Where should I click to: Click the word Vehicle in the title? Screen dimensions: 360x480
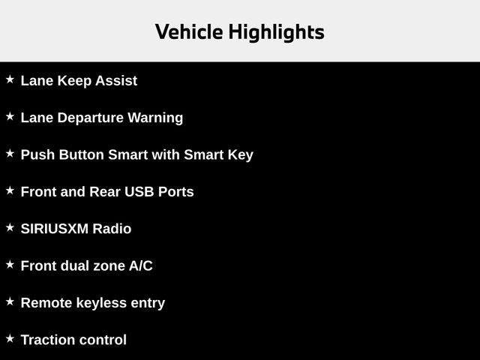[188, 32]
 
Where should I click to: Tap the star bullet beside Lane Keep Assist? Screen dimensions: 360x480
[10, 79]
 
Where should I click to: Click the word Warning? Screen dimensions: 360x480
[155, 118]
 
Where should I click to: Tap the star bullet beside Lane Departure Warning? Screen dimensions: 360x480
[10, 116]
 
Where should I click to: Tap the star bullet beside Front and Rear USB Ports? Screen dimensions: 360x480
[10, 190]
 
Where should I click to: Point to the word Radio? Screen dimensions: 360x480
[112, 229]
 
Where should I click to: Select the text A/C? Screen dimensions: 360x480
[140, 265]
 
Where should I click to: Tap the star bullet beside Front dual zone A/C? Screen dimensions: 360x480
[10, 264]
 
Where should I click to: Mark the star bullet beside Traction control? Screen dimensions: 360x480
[10, 338]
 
